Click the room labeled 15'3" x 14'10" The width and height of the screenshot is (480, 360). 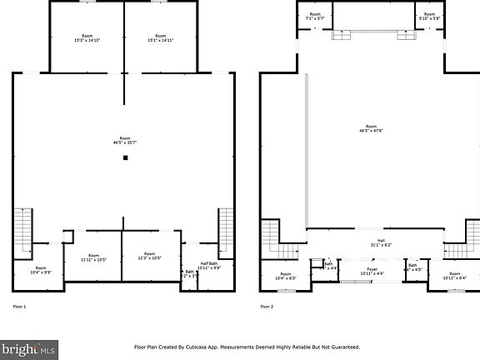pos(87,38)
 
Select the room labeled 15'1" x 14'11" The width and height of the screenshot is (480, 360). pos(160,38)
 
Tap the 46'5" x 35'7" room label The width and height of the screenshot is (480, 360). pos(125,140)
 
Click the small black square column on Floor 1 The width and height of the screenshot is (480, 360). pos(125,157)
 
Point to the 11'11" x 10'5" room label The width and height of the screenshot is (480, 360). pos(93,257)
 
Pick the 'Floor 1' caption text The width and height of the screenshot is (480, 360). pos(19,307)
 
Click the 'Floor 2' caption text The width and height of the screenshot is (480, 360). pos(267,307)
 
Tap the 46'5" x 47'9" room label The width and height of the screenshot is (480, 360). pos(371,128)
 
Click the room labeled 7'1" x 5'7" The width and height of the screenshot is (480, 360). pos(315,16)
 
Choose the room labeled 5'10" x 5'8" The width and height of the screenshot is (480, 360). pos(429,16)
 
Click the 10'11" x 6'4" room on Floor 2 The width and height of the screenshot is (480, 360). pos(455,275)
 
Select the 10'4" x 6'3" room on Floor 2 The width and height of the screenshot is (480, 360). pos(285,276)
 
